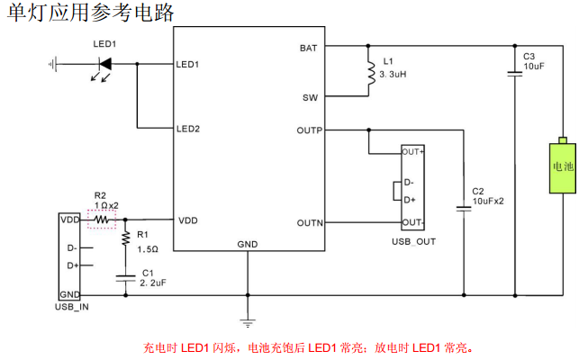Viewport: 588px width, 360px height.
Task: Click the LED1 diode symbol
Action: [x=104, y=64]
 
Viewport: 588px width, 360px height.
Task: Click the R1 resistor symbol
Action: [x=125, y=237]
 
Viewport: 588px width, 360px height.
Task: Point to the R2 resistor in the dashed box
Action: [x=102, y=219]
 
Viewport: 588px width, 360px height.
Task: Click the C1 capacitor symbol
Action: [x=125, y=279]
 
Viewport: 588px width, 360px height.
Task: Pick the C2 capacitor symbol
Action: [x=463, y=208]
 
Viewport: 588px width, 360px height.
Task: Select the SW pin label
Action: [x=310, y=96]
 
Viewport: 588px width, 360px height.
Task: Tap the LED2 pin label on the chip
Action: [x=188, y=129]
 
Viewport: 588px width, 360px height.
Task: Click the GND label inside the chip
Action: [x=247, y=244]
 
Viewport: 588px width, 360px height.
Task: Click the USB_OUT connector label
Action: [x=413, y=241]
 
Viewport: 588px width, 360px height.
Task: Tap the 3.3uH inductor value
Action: [x=393, y=75]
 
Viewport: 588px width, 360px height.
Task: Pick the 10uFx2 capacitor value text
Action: [x=488, y=202]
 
